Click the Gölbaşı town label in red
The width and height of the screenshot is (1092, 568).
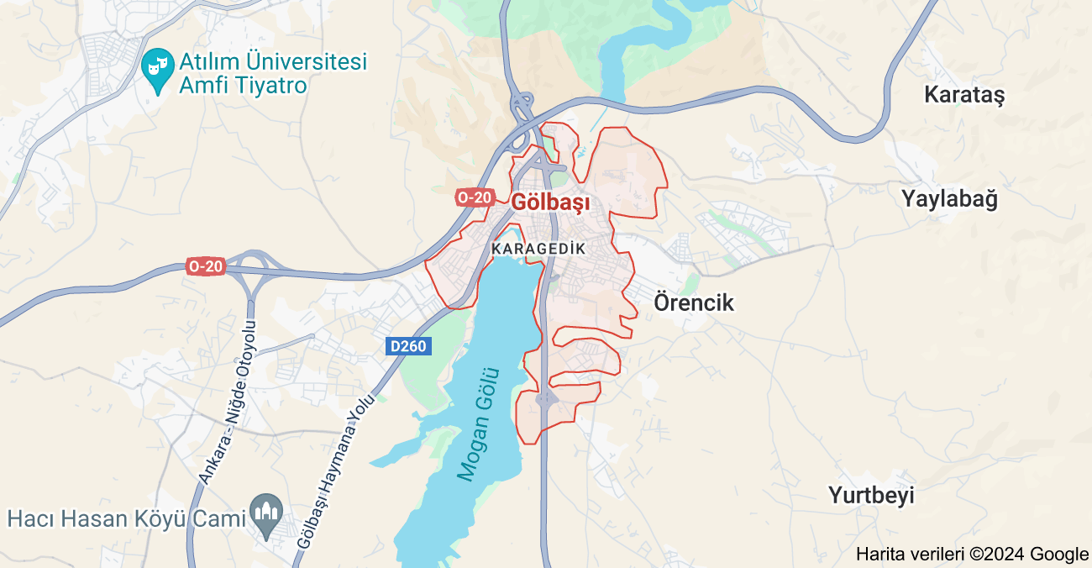click(550, 202)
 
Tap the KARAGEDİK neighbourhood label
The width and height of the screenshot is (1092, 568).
click(538, 249)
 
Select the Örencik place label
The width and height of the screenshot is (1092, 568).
click(694, 302)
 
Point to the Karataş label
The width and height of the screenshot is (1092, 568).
click(964, 94)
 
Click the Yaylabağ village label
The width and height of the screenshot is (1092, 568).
click(950, 199)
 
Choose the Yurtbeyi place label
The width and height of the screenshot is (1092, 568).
click(871, 495)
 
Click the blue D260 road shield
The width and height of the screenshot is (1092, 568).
click(409, 345)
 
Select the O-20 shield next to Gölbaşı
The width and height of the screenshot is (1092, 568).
click(475, 197)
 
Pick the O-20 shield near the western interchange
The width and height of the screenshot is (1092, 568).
click(206, 266)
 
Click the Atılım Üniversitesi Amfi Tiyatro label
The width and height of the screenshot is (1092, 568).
click(273, 73)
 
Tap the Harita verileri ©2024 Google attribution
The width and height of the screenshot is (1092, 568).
click(972, 554)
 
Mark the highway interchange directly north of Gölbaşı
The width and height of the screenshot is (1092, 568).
click(522, 113)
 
